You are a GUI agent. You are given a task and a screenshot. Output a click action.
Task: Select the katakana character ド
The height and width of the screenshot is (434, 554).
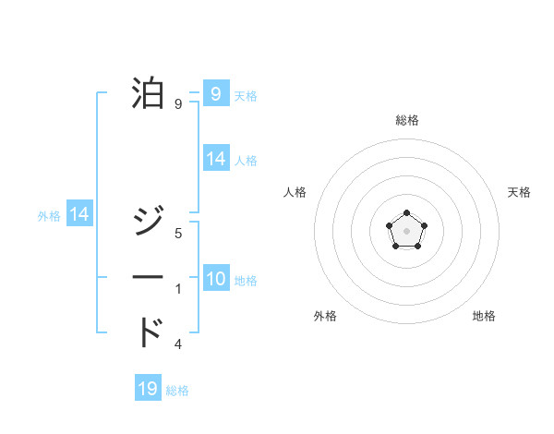tap(151, 332)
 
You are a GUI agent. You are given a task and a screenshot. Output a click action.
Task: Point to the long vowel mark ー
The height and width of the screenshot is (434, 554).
tap(151, 277)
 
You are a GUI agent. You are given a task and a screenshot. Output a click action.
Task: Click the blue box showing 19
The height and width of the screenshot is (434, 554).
tap(148, 389)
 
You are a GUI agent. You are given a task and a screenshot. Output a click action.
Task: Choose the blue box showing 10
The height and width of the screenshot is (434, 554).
tap(216, 280)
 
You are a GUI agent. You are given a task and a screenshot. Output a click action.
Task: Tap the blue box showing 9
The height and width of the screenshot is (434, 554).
tap(216, 93)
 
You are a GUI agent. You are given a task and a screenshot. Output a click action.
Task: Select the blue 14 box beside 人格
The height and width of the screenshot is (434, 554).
tap(216, 159)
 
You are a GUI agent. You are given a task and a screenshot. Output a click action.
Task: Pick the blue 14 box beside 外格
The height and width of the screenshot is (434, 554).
tap(79, 214)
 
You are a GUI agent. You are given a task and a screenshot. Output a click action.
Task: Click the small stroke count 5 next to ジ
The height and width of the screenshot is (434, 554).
tap(178, 234)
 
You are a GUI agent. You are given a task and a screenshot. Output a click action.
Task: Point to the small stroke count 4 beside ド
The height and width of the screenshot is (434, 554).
tap(178, 344)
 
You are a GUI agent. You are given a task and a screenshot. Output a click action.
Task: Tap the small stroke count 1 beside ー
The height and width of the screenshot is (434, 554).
tap(178, 289)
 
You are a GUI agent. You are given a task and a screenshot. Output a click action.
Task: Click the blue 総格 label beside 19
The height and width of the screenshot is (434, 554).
tap(177, 391)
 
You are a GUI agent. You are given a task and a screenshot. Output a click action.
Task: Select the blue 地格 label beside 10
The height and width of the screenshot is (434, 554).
tap(246, 281)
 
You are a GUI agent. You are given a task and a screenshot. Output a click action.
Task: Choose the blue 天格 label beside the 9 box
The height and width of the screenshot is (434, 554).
tap(246, 95)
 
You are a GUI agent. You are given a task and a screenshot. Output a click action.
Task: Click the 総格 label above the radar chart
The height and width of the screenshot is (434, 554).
tap(406, 120)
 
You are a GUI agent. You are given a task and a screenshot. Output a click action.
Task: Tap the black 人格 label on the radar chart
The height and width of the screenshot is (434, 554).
tap(295, 192)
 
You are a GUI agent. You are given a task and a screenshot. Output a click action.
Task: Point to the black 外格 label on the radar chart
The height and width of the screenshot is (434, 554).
tap(325, 316)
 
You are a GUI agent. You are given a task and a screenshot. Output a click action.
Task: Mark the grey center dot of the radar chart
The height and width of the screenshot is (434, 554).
tap(406, 229)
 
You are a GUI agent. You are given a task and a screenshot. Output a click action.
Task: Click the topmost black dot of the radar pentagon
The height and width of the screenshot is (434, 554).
tap(406, 213)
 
